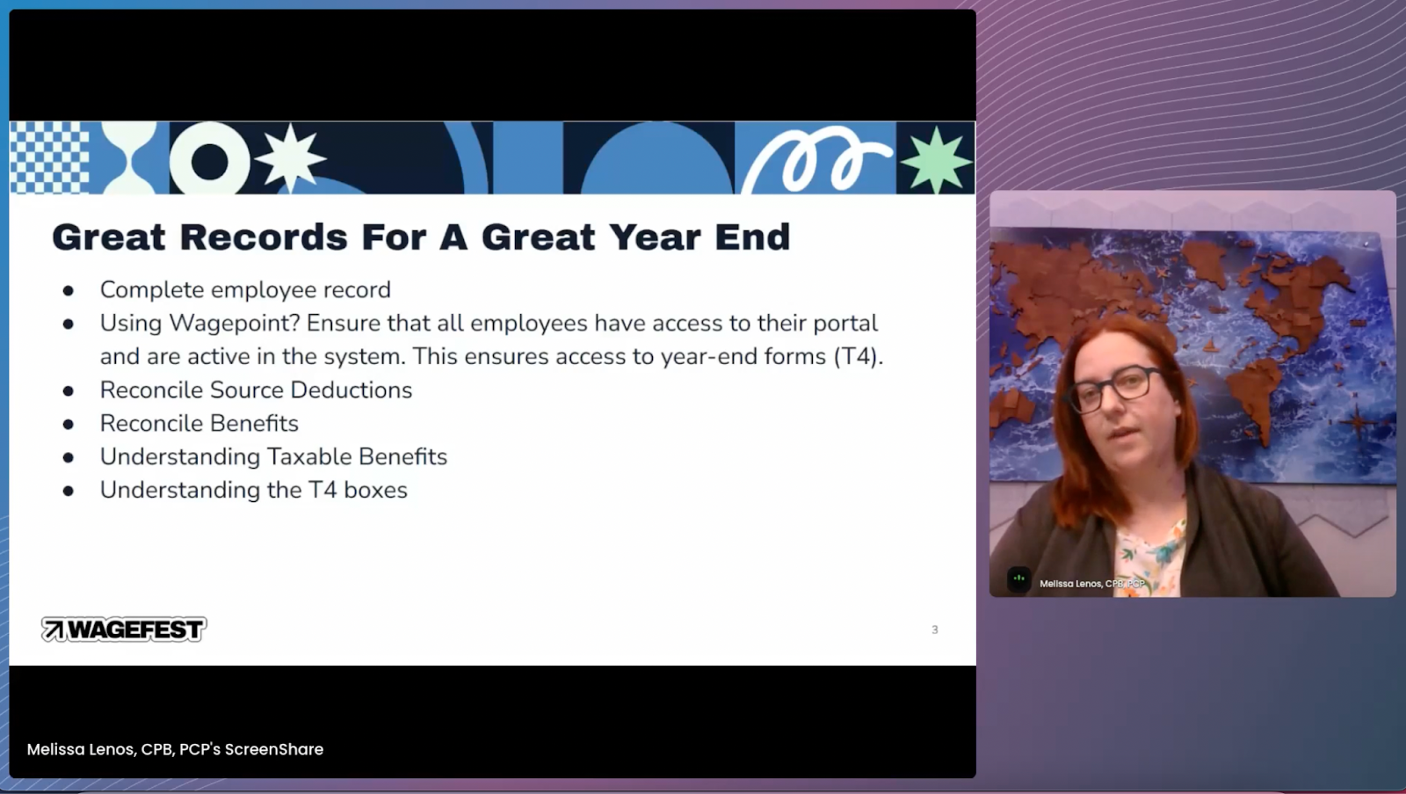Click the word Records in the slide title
pos(263,237)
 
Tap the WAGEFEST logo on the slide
pos(124,629)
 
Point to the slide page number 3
pos(935,630)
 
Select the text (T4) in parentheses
pos(858,356)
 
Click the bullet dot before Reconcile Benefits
pos(69,425)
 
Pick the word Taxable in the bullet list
pos(309,456)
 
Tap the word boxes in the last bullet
pos(375,490)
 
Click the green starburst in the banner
pos(935,159)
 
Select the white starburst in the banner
pos(290,157)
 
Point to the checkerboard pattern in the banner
pos(49,157)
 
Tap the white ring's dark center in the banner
pos(210,162)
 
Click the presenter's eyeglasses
pos(1116,388)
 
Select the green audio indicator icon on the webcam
pos(1018,579)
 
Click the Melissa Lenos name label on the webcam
pos(1092,584)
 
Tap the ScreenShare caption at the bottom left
pos(175,749)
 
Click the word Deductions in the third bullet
pos(351,390)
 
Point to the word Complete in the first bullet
pos(152,290)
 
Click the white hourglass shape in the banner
pos(129,157)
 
